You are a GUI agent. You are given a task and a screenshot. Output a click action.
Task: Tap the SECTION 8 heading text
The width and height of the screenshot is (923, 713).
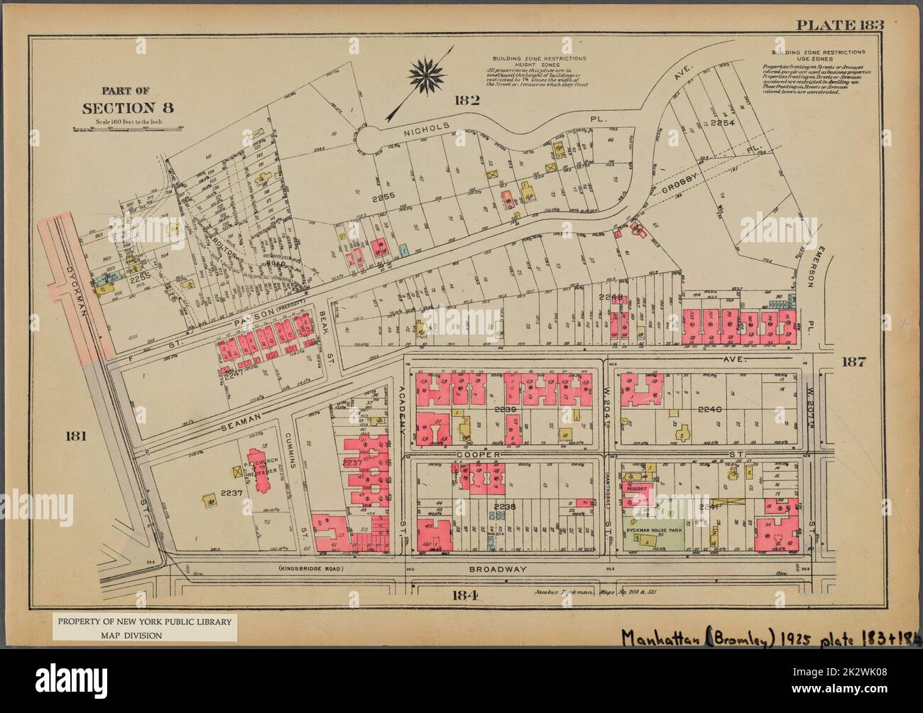(x=128, y=108)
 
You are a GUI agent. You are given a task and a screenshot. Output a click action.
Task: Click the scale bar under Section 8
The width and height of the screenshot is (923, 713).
(x=128, y=129)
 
